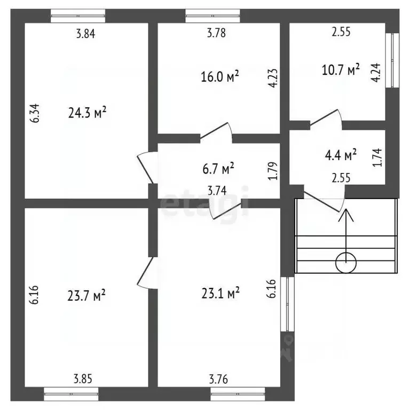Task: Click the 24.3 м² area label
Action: (x=88, y=113)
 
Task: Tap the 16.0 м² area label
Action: (x=220, y=76)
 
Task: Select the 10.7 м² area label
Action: (x=341, y=70)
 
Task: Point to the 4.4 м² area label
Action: (x=341, y=155)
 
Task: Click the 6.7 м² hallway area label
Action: (x=218, y=168)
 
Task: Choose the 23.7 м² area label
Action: (x=86, y=295)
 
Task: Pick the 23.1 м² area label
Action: (x=220, y=293)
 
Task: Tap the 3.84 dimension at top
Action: (x=86, y=34)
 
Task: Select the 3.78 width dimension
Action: (x=216, y=33)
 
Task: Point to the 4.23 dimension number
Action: (x=273, y=78)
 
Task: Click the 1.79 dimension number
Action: (x=273, y=171)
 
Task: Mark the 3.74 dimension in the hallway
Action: (x=217, y=191)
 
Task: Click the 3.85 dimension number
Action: (x=83, y=379)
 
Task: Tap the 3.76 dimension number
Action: (x=218, y=379)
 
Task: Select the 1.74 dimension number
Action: (x=377, y=157)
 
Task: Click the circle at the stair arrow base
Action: (x=346, y=263)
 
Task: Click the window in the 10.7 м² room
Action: (x=392, y=60)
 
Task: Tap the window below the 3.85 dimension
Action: (x=71, y=394)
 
